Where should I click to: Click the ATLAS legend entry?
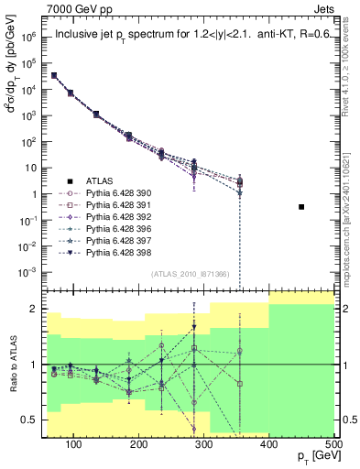[x=101, y=181]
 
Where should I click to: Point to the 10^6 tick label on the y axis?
[x=32, y=38]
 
